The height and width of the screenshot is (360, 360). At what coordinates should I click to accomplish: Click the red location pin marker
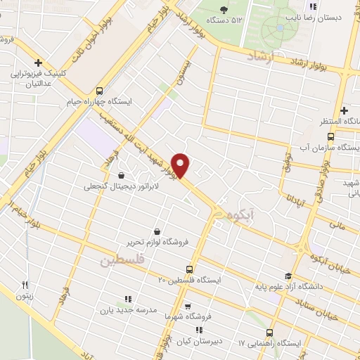click(x=181, y=165)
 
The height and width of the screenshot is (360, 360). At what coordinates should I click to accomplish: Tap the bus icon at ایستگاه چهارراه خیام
click(x=98, y=91)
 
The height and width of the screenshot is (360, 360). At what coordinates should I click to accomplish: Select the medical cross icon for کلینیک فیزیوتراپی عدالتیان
click(x=39, y=63)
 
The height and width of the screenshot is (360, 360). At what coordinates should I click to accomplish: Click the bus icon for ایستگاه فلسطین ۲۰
click(x=188, y=269)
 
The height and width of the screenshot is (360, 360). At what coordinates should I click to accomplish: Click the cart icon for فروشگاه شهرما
click(x=187, y=307)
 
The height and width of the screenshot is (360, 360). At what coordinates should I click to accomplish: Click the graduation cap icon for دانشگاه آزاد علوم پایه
click(x=287, y=276)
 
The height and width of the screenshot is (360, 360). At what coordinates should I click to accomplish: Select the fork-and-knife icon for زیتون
click(x=25, y=285)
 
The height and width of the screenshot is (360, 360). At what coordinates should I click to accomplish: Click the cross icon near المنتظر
click(x=343, y=110)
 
